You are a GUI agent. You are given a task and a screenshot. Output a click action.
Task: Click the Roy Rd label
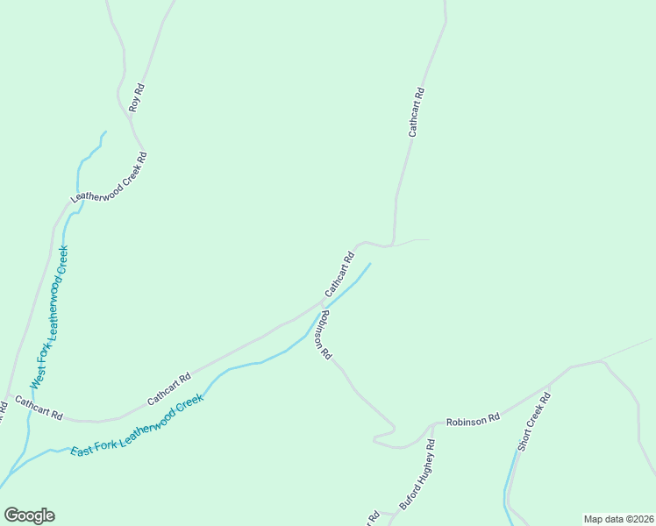coord(135,97)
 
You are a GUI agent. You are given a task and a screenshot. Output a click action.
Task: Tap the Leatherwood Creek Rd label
coord(110,178)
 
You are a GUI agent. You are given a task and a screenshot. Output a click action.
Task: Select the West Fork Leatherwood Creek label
coord(50,317)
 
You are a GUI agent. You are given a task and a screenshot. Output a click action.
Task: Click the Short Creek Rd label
coord(533,422)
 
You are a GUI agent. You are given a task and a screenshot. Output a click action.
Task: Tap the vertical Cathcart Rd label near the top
coord(417,111)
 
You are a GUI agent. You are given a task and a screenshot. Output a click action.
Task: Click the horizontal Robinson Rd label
coord(473,420)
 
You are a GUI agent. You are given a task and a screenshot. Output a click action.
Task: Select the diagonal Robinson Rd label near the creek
coord(324,334)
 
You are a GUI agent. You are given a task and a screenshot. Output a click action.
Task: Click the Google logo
coord(29,515)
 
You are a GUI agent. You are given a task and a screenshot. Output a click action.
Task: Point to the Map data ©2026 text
coord(617,519)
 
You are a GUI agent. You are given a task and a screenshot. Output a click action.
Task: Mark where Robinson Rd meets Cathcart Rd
coord(322,302)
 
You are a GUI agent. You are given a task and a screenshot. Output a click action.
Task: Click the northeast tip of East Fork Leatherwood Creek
coord(370,263)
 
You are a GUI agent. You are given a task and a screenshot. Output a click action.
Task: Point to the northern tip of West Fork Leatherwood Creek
coord(105,132)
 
